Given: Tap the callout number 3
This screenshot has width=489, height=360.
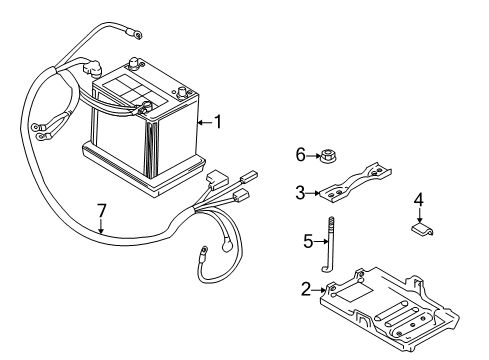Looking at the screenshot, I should point(299,193).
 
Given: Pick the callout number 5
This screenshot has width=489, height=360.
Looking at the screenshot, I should point(309,240).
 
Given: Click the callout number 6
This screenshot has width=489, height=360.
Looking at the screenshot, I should point(299,154).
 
